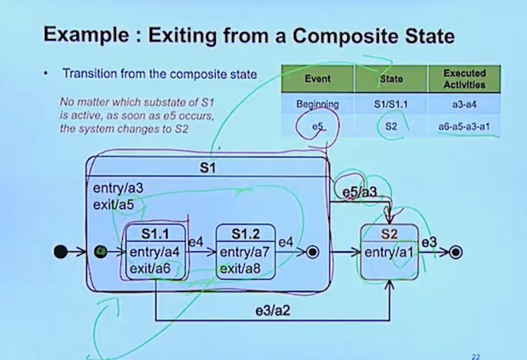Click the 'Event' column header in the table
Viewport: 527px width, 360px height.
pos(317,79)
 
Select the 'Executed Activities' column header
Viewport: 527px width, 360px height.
pos(464,79)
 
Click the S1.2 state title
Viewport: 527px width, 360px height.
pos(246,234)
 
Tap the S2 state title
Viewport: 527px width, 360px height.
pos(389,234)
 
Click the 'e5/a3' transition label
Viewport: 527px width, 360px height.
pos(359,193)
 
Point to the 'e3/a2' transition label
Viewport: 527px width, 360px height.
pos(272,311)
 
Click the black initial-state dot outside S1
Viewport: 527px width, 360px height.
pos(61,252)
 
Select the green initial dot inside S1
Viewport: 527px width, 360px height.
pos(100,252)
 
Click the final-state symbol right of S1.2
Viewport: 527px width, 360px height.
pos(313,252)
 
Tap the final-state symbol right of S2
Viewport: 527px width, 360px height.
pos(456,253)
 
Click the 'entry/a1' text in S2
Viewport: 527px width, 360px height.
pos(390,253)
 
